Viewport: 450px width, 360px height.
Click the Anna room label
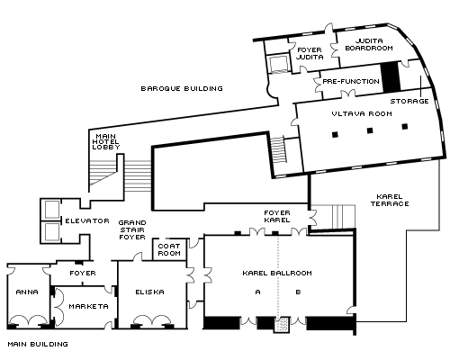tap(27, 292)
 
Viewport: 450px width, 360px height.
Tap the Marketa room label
tap(88, 306)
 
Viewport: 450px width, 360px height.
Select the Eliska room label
tap(149, 292)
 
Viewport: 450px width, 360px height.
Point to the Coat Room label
tap(169, 249)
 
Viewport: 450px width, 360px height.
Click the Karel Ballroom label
tap(277, 273)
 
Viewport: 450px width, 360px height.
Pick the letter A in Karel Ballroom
tap(257, 292)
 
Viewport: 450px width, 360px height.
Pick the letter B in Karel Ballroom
tap(298, 292)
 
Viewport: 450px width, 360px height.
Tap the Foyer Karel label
tap(277, 216)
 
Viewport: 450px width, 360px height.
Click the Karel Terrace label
tap(390, 201)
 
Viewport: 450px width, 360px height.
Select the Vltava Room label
tap(362, 113)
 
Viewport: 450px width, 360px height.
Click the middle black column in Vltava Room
tap(370, 130)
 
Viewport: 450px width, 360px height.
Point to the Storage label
tap(409, 101)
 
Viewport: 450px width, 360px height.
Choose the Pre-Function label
tap(351, 81)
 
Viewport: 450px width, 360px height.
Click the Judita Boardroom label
tap(369, 44)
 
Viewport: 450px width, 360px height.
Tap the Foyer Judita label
tap(310, 53)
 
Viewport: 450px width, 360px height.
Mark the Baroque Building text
tap(182, 88)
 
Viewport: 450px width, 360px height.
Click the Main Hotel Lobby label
tap(106, 141)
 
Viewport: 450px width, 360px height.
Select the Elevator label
tap(87, 221)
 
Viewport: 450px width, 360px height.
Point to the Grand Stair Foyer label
tap(132, 229)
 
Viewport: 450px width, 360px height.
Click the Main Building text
tap(38, 344)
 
